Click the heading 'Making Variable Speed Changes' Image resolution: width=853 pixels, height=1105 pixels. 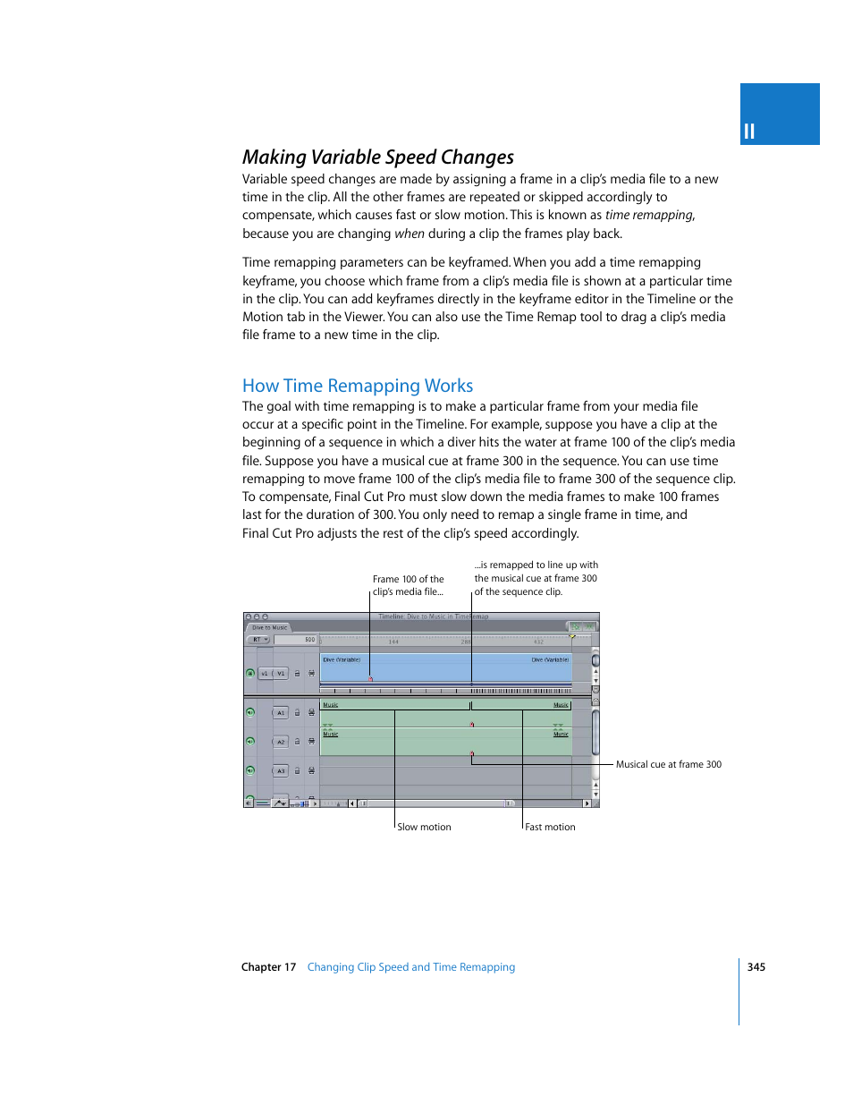[x=377, y=157]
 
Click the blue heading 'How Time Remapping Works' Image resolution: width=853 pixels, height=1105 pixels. [x=357, y=386]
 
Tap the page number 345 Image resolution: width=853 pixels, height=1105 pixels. [x=756, y=967]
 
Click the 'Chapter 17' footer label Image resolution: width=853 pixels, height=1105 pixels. [x=268, y=967]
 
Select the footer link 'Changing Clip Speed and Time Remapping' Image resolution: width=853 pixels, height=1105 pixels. [x=410, y=967]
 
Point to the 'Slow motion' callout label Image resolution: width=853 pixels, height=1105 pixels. [x=424, y=828]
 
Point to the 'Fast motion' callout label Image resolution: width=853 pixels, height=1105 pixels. [x=550, y=828]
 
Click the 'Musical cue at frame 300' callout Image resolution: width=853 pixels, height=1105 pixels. [x=668, y=765]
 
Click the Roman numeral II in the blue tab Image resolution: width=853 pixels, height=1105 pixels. [x=749, y=132]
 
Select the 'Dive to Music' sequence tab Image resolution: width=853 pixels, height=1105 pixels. [x=269, y=628]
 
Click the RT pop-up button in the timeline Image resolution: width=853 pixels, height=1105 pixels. [x=259, y=640]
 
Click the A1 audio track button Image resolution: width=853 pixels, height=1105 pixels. [x=280, y=713]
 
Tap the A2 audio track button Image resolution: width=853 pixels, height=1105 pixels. [x=280, y=742]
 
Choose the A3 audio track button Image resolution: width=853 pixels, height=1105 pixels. [x=280, y=770]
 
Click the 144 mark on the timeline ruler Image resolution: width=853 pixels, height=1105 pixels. [x=393, y=642]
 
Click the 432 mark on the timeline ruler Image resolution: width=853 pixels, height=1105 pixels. [x=538, y=642]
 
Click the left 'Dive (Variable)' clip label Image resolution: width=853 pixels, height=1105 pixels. [x=342, y=660]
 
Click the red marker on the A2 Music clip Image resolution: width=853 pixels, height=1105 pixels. [x=472, y=753]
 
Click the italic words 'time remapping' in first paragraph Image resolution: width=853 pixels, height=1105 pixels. [x=648, y=216]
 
